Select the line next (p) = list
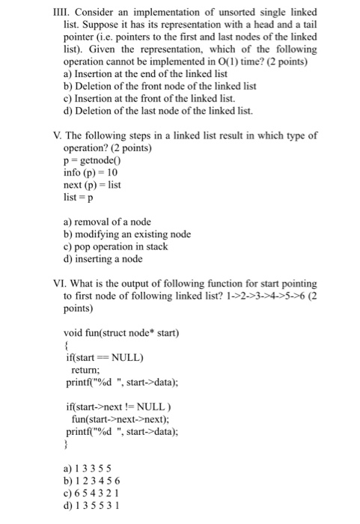click(91, 185)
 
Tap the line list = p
click(78, 197)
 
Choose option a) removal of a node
click(108, 222)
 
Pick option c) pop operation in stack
click(116, 246)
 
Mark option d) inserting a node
click(105, 259)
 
